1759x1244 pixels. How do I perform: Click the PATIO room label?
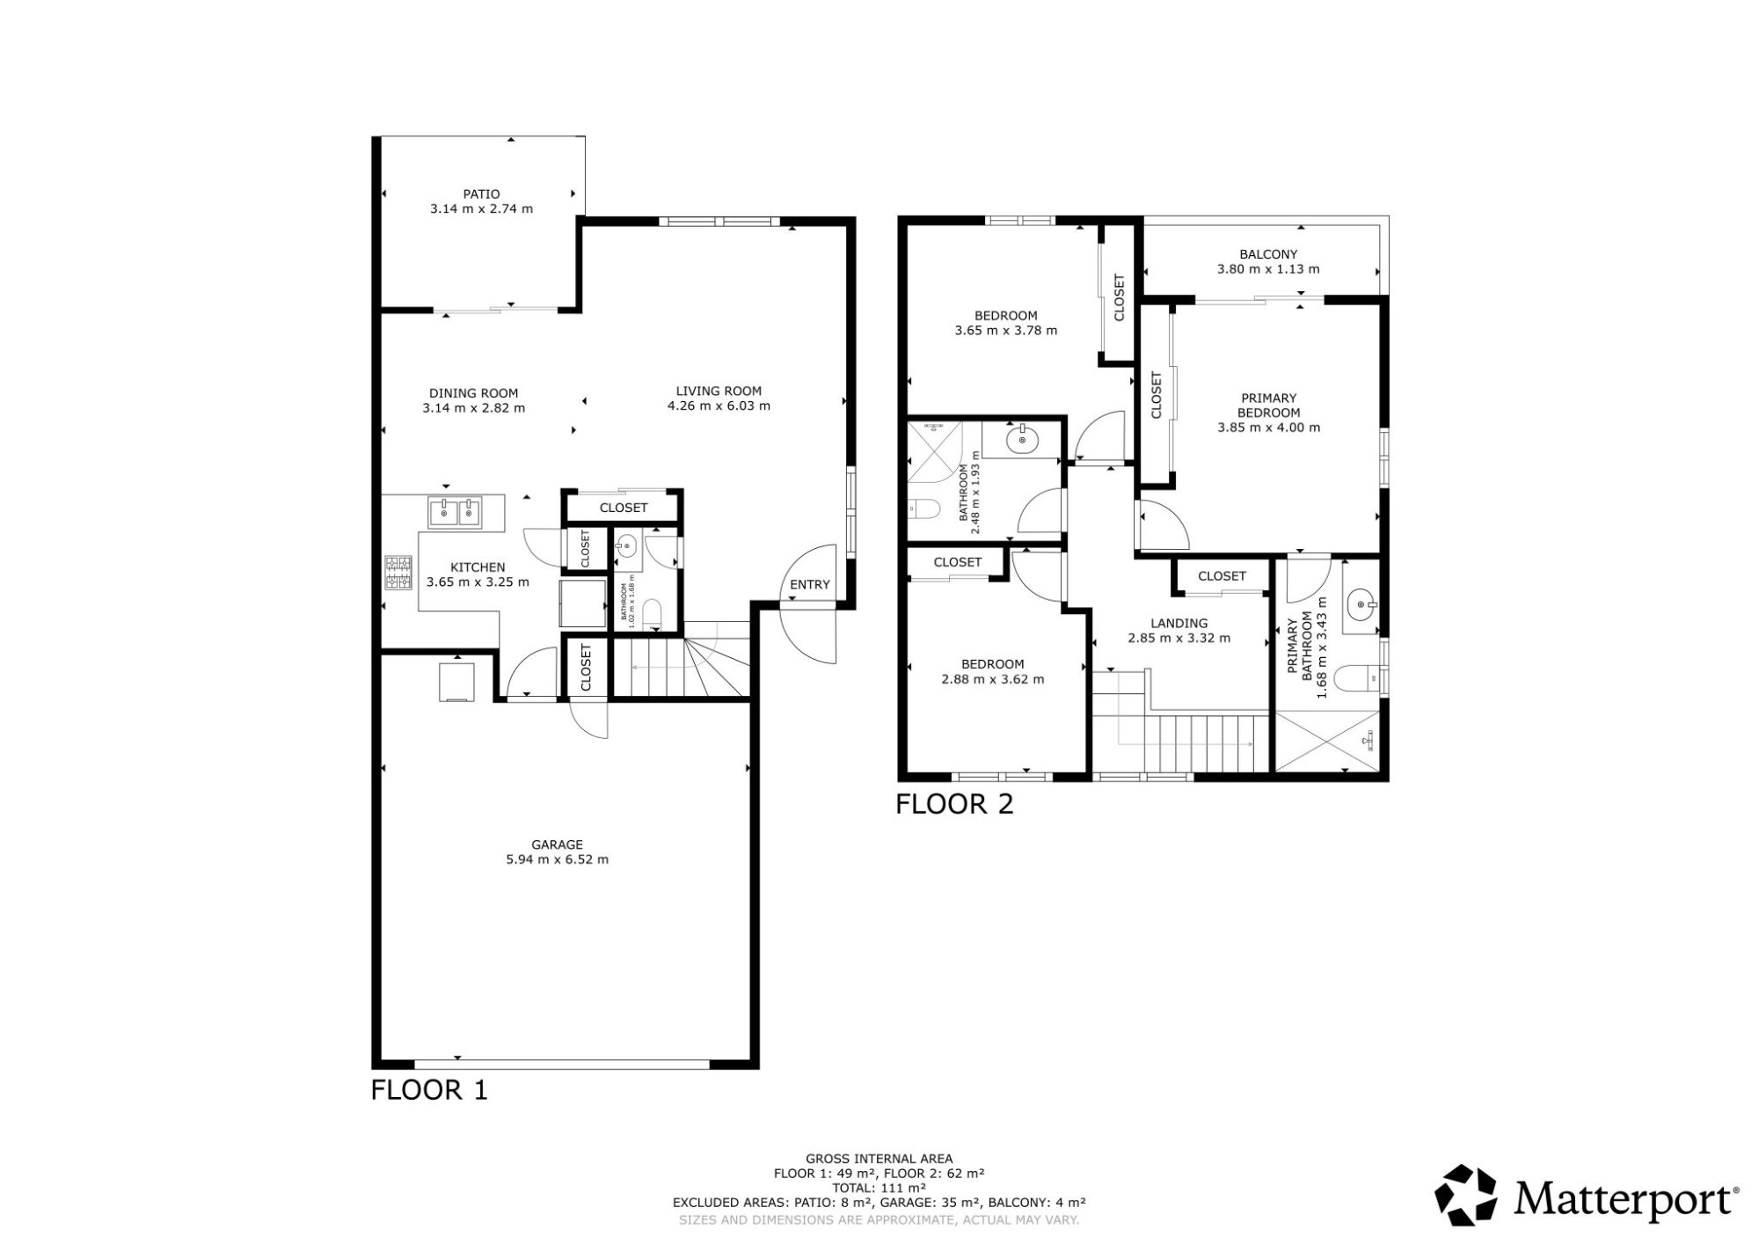tap(481, 194)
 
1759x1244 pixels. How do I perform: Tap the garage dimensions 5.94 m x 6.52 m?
tap(557, 860)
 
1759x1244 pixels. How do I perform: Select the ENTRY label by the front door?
tap(809, 584)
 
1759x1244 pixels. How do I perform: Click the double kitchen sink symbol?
tap(455, 511)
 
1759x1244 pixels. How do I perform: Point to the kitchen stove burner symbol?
tap(398, 573)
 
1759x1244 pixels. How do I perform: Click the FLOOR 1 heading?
tap(429, 1090)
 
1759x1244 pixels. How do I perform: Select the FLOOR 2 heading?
tap(954, 804)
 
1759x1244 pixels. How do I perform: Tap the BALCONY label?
tap(1268, 254)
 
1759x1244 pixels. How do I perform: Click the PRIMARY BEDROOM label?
tap(1268, 406)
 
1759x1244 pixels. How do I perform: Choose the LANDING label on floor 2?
tap(1179, 623)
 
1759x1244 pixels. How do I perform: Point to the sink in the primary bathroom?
tap(1361, 605)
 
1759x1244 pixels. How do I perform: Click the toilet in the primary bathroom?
tap(1357, 679)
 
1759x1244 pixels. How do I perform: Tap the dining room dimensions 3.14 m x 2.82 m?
tap(473, 408)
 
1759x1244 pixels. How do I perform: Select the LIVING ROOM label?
tap(719, 391)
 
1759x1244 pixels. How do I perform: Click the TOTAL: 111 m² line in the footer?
tap(879, 1188)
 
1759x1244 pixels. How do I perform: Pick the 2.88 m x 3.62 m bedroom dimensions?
tap(992, 679)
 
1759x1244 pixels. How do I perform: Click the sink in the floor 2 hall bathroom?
tap(1023, 439)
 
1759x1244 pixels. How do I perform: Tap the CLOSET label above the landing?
tap(1222, 576)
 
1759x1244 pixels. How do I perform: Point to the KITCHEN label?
tap(478, 567)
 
